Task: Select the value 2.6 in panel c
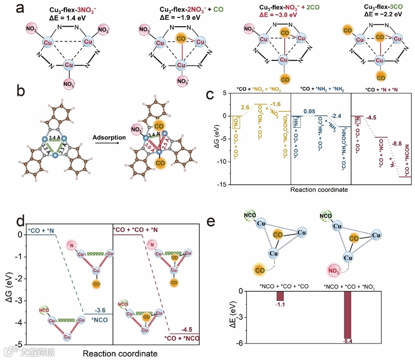tap(248, 107)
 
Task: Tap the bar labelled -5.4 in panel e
tap(347, 315)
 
